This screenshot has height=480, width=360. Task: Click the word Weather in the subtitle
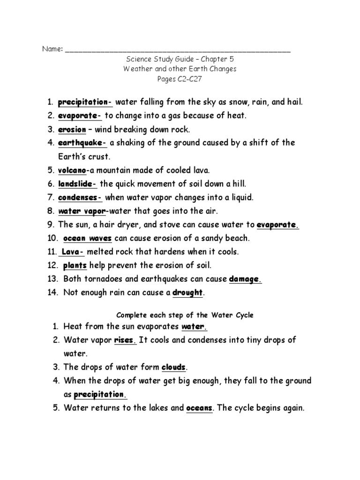click(138, 69)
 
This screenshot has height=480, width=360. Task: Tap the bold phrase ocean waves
click(88, 238)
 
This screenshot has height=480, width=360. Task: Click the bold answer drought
click(187, 293)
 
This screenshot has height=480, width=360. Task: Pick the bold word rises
click(125, 340)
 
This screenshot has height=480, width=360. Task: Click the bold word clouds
click(174, 367)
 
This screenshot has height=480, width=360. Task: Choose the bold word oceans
click(200, 408)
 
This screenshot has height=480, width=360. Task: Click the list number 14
click(52, 293)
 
